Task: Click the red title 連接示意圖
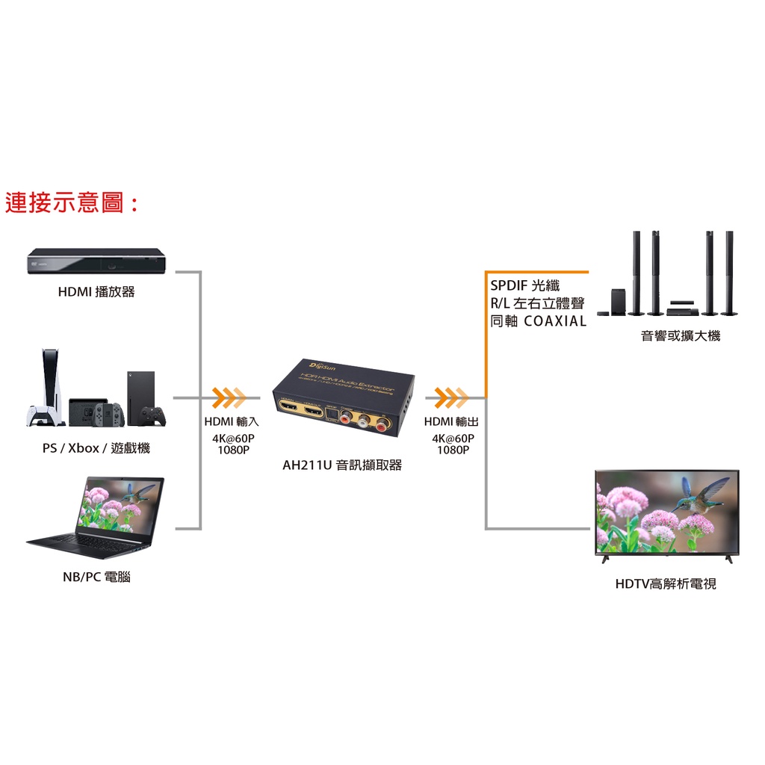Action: [x=72, y=202]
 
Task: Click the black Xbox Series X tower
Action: [x=140, y=396]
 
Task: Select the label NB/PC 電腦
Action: [x=96, y=577]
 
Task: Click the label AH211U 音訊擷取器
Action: [x=342, y=465]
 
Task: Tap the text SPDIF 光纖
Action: [x=524, y=285]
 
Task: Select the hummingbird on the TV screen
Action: [x=698, y=496]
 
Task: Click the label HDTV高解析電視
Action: [x=665, y=584]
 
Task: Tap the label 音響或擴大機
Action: [x=681, y=336]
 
